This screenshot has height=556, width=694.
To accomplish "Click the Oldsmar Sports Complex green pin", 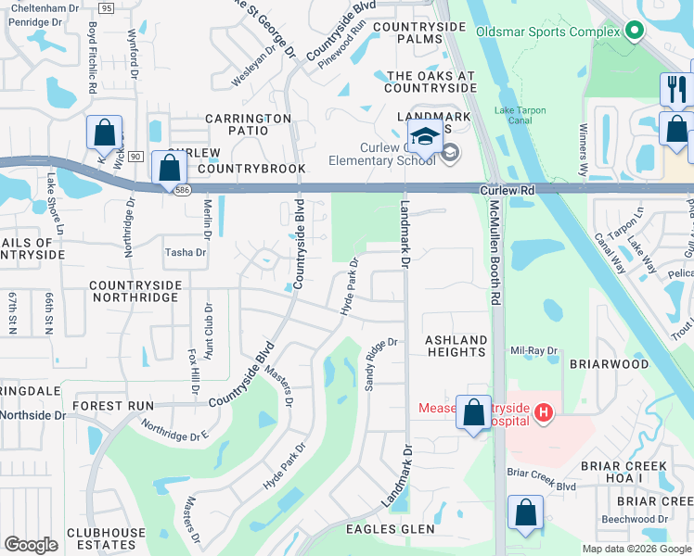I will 635,32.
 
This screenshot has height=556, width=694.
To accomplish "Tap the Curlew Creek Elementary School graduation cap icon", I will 425,137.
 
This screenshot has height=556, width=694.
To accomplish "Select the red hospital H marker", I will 544,410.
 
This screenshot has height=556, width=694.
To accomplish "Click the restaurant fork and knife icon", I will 675,90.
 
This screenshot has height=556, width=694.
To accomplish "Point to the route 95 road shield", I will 106,7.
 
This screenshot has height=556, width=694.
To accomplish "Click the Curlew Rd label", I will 508,189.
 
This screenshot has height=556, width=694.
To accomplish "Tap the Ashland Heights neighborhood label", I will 456,347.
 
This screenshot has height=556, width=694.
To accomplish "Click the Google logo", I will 32,544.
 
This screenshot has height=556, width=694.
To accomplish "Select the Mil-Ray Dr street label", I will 533,351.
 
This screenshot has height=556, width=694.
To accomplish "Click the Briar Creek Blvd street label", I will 542,486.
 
